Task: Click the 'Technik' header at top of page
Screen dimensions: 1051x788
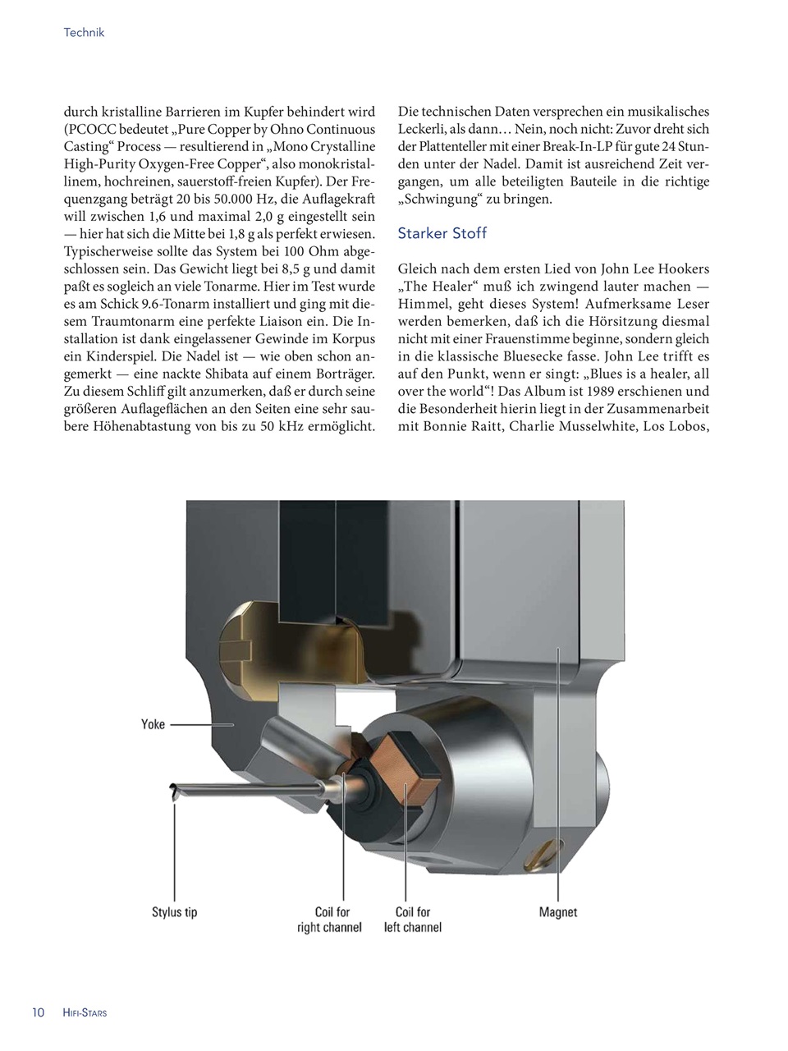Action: click(x=84, y=33)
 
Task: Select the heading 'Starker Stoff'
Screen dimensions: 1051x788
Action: click(x=442, y=233)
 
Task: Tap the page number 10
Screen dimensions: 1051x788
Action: click(x=38, y=1012)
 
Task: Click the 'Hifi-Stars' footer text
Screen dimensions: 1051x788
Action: click(x=85, y=1013)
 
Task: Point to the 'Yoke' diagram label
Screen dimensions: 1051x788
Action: click(x=153, y=724)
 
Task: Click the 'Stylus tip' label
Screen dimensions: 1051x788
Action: click(x=174, y=912)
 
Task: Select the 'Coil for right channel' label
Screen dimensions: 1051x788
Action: click(x=329, y=920)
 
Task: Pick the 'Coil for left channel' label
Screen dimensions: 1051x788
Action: click(x=413, y=920)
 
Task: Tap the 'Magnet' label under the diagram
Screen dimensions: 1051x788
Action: click(x=558, y=912)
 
